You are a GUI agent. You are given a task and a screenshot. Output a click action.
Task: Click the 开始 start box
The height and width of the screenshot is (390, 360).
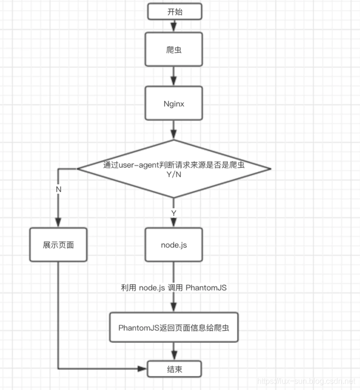coord(174,12)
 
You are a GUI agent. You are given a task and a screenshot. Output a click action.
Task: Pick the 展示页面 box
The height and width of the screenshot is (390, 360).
coord(58,245)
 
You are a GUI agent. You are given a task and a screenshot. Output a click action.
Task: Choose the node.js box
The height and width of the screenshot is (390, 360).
coord(174,245)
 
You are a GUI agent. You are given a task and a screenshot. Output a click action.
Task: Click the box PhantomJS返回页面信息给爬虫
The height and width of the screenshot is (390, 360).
coord(174,327)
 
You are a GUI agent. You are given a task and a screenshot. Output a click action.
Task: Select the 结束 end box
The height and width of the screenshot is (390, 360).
coord(174,368)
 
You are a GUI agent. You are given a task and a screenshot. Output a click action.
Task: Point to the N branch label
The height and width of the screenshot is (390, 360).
coord(58,189)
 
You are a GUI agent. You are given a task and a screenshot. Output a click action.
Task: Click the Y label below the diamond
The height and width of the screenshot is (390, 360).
coord(174,213)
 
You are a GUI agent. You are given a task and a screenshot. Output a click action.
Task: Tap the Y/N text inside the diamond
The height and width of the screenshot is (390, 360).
coord(174,175)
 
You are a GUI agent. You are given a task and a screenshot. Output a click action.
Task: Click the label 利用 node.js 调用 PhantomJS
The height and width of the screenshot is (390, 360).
coord(174,288)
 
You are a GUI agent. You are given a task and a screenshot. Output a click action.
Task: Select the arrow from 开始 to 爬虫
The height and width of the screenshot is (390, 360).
coord(174,26)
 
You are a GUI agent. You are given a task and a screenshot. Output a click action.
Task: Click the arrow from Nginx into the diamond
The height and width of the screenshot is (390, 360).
coord(174,130)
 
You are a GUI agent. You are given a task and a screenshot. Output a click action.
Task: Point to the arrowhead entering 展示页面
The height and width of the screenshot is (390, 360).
coord(58,222)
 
